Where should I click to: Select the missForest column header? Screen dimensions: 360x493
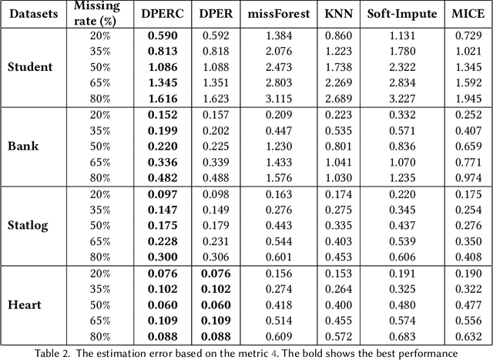coord(269,13)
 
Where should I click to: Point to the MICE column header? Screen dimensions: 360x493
coord(461,13)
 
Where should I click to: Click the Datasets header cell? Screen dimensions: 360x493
coord(31,13)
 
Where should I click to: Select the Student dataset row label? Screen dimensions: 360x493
coord(30,67)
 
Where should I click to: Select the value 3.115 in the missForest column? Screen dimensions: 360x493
coord(269,98)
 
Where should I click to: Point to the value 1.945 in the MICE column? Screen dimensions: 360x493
coord(462,98)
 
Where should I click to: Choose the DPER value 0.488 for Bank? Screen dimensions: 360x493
coord(215,177)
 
